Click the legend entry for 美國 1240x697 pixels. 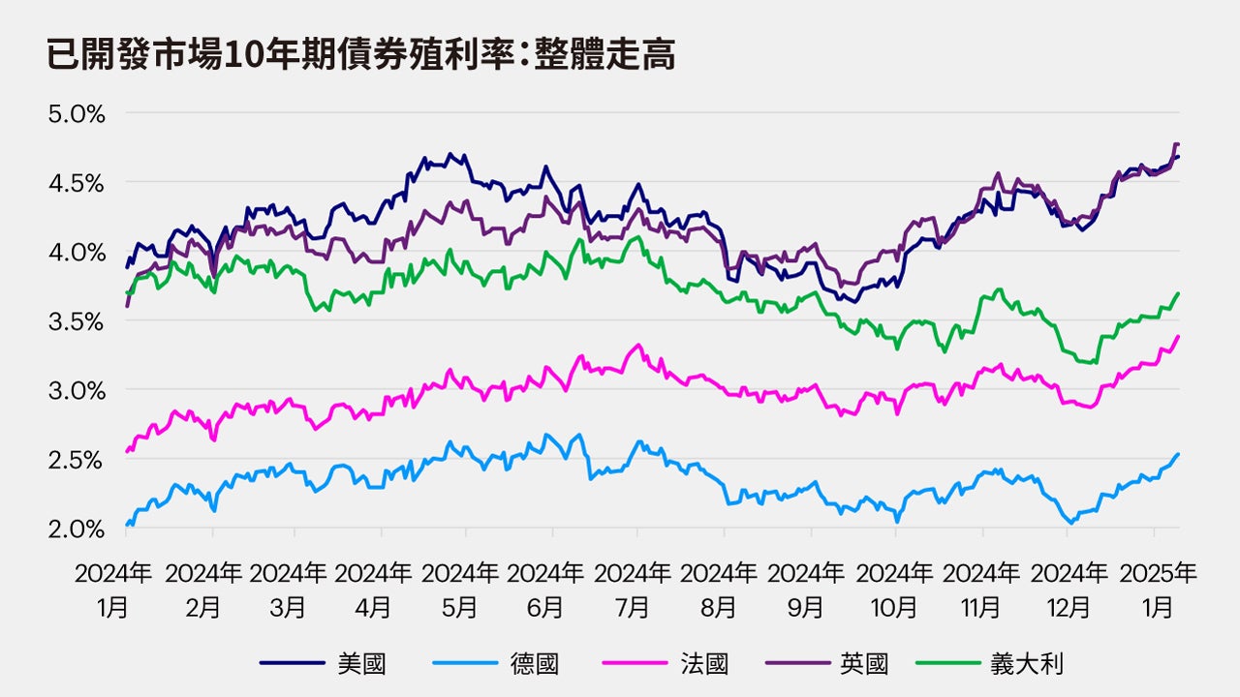pyautogui.click(x=361, y=663)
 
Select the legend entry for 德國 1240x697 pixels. pyautogui.click(x=534, y=663)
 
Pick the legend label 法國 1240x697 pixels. pyautogui.click(x=704, y=663)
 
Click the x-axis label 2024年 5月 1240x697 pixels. pyautogui.click(x=459, y=591)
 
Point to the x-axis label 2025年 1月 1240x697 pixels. pyautogui.click(x=1158, y=591)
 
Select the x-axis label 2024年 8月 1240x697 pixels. pyautogui.click(x=718, y=591)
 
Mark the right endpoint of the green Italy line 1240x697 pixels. pyautogui.click(x=1178, y=292)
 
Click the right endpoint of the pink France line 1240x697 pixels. pyautogui.click(x=1178, y=336)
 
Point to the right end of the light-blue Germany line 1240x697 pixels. pyautogui.click(x=1178, y=454)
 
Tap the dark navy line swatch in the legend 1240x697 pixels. pyautogui.click(x=292, y=663)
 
